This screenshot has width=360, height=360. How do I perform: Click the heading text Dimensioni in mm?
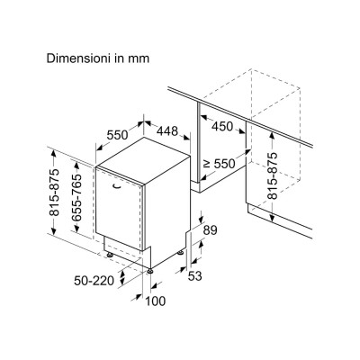click(98, 58)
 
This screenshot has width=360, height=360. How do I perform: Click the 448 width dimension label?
click(167, 130)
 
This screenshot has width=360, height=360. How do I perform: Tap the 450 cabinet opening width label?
click(222, 127)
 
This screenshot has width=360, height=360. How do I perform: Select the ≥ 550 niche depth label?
click(220, 164)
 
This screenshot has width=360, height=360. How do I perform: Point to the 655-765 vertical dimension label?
click(77, 198)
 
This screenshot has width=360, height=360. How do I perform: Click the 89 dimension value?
click(210, 230)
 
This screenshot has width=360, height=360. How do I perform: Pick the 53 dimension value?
click(195, 276)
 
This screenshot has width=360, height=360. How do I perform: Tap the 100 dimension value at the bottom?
click(156, 301)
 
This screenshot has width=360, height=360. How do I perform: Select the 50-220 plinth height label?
click(94, 281)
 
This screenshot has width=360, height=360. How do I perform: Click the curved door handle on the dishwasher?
click(117, 187)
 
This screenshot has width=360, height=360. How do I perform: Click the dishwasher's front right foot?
click(149, 271)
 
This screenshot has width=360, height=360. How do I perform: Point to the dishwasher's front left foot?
click(110, 256)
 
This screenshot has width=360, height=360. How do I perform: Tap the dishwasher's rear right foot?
click(180, 254)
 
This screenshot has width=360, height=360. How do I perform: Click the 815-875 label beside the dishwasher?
click(54, 193)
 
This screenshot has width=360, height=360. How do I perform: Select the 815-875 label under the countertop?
click(273, 176)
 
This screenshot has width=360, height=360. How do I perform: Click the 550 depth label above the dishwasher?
click(118, 135)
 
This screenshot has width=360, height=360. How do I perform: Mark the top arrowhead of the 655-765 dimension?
click(77, 166)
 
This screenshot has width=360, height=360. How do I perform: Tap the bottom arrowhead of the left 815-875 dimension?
click(54, 231)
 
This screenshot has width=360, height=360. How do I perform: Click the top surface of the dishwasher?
click(143, 160)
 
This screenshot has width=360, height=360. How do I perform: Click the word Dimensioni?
click(76, 58)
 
